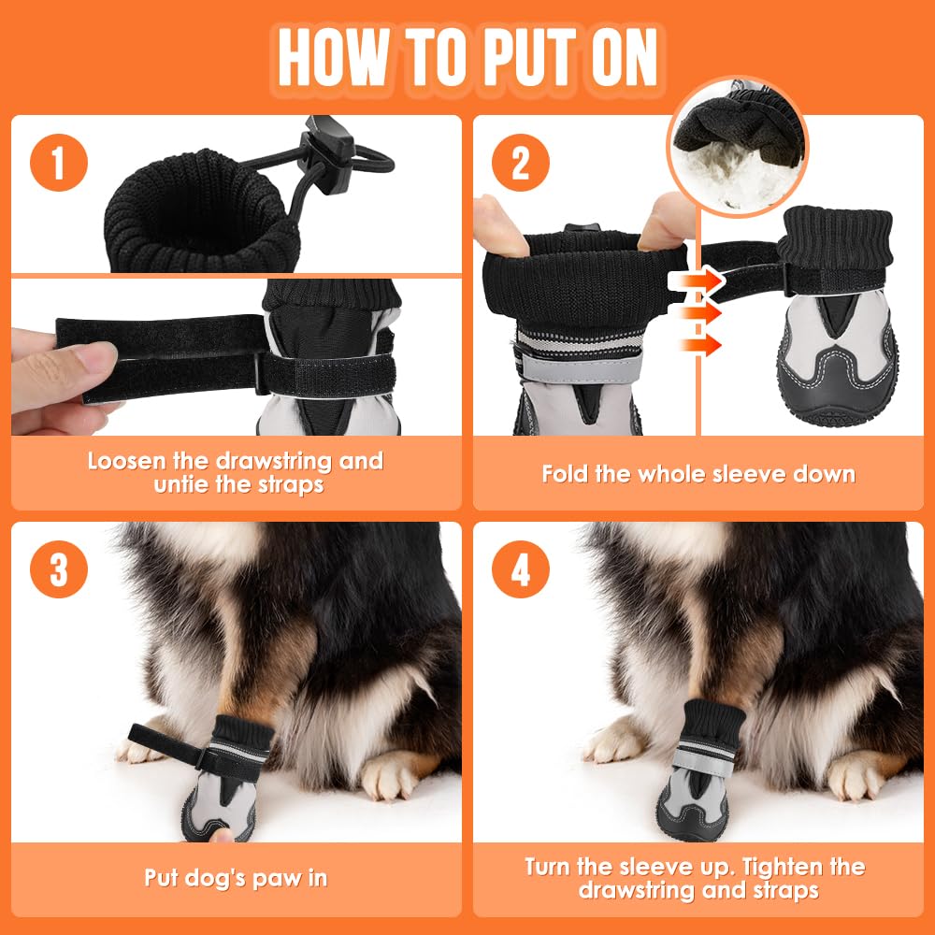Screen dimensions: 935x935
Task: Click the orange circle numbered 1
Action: [x=58, y=163]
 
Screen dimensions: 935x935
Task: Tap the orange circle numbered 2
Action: [x=521, y=163]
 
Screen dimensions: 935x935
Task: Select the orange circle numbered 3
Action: [x=58, y=569]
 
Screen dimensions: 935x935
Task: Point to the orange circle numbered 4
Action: [x=521, y=569]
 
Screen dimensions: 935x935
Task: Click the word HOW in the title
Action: [x=334, y=58]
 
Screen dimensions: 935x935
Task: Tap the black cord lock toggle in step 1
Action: [x=326, y=155]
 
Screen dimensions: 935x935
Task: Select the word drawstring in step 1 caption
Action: [x=274, y=462]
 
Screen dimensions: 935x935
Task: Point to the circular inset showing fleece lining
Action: [x=738, y=146]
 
